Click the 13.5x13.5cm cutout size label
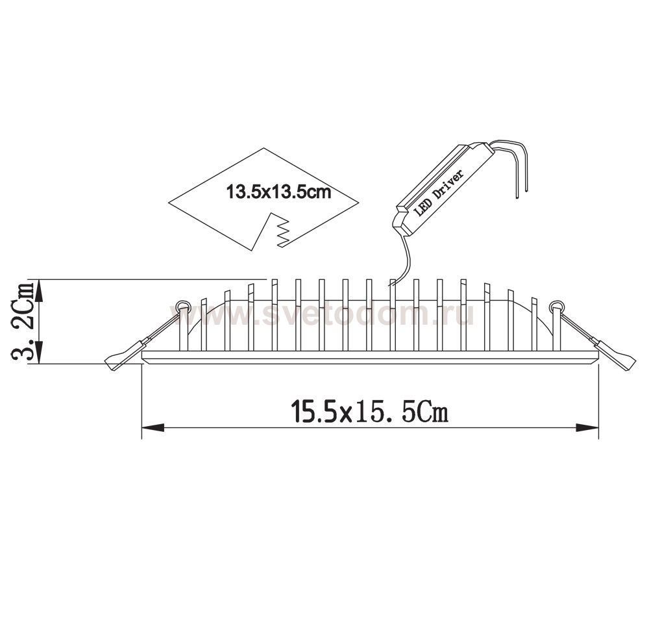278,193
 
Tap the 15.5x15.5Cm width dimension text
369,412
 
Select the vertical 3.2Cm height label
24,322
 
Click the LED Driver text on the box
440,191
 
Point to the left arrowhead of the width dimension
153,427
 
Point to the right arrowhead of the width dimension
588,427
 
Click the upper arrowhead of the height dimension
40,290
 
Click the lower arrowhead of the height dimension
40,353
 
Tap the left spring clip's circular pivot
182,307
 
